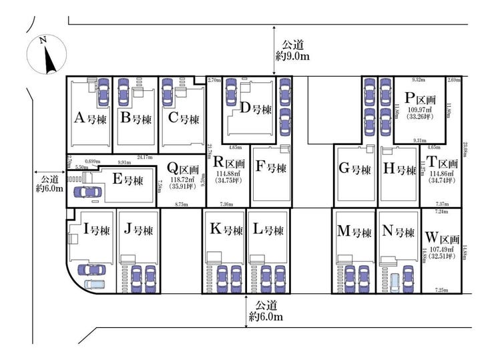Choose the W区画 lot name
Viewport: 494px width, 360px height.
pyautogui.click(x=442, y=237)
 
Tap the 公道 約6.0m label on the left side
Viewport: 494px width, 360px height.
pyautogui.click(x=49, y=184)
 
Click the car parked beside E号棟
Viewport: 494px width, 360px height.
pyautogui.click(x=87, y=192)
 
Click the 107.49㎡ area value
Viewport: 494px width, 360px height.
pyautogui.click(x=442, y=250)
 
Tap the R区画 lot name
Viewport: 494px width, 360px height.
pyautogui.click(x=228, y=163)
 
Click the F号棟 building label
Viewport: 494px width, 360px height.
pyautogui.click(x=270, y=168)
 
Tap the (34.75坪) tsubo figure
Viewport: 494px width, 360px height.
pyautogui.click(x=228, y=181)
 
